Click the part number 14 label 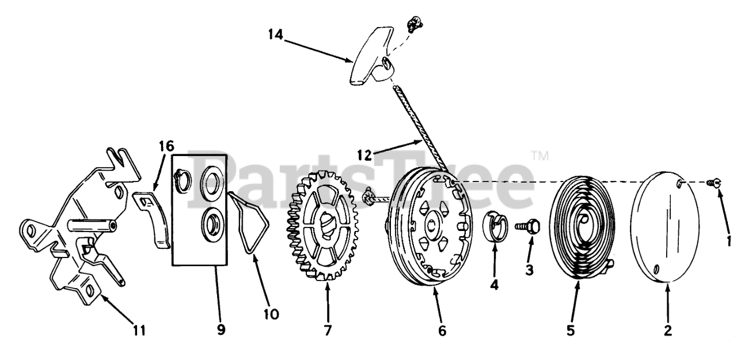pyautogui.click(x=275, y=34)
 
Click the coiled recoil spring pyautogui.click(x=582, y=228)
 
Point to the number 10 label pyautogui.click(x=271, y=314)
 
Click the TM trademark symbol pyautogui.click(x=540, y=156)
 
